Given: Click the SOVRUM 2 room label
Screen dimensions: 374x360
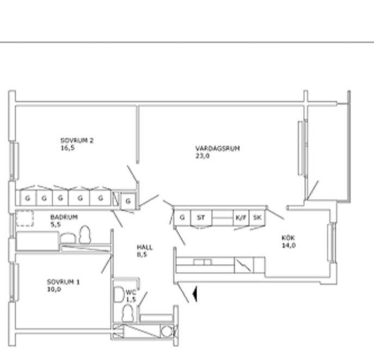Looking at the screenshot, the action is tap(77, 141).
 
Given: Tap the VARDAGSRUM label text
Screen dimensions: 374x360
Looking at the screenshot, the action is tap(218, 148).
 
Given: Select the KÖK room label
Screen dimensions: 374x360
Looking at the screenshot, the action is tap(288, 238).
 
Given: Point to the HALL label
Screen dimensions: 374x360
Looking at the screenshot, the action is tap(145, 247).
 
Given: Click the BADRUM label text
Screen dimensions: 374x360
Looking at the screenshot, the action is tap(64, 217).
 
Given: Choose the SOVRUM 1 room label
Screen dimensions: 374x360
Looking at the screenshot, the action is tap(63, 282).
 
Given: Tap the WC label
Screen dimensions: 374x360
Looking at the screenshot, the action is tap(131, 292).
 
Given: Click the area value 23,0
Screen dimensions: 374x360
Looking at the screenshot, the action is tap(203, 156).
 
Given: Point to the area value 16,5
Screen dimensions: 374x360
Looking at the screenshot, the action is tap(68, 148).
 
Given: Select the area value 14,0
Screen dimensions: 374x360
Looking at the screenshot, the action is tap(289, 245).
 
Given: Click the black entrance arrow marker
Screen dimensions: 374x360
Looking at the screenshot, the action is tap(195, 294).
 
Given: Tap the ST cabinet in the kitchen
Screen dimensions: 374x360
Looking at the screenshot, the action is tap(201, 217).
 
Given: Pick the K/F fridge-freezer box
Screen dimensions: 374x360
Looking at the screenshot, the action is tap(241, 217).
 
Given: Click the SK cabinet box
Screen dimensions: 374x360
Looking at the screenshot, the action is tap(257, 217).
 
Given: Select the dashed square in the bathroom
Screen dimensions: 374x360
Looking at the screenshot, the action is tap(25, 218).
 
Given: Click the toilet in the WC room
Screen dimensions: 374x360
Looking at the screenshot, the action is tap(127, 314).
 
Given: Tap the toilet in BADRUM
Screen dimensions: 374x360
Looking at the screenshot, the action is tap(85, 235).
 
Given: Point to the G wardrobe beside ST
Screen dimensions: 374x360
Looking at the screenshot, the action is tap(182, 217).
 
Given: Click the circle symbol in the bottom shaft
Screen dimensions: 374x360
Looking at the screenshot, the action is tap(167, 331).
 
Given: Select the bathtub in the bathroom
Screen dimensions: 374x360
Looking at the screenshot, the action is tap(38, 241).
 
